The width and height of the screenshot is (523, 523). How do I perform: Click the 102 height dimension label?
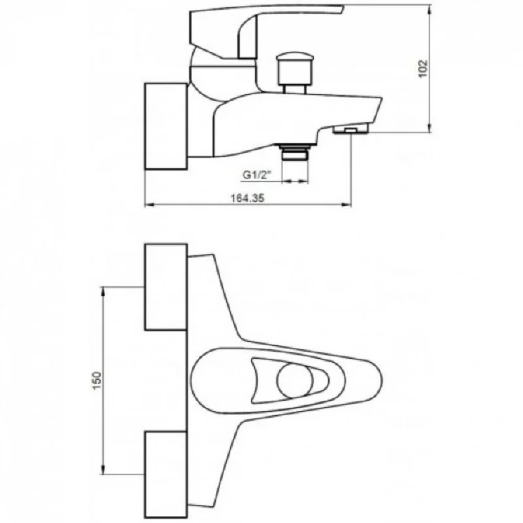click(422, 69)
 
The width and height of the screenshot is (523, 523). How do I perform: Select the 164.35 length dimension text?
click(248, 198)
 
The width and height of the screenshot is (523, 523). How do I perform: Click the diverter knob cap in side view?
click(295, 68)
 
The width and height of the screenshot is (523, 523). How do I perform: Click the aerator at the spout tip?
click(350, 129)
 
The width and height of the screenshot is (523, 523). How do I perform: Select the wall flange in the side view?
click(166, 126)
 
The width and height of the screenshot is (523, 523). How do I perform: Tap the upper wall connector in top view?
click(166, 287)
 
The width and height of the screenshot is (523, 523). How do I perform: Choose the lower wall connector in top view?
click(166, 475)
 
